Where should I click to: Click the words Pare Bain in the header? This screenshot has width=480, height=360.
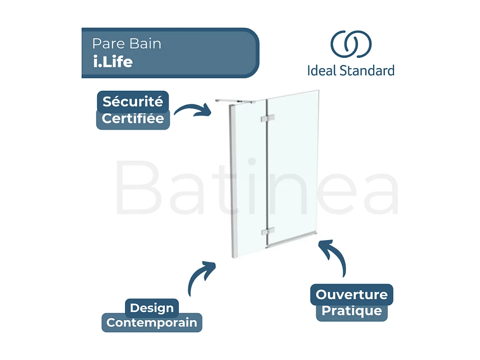coord(126,44)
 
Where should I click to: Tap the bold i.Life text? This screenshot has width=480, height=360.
coord(113,62)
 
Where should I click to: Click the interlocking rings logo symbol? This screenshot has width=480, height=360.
coord(351,44)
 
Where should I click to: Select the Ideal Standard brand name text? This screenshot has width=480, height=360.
coord(351,70)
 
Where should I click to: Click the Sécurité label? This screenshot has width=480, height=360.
coord(132,102)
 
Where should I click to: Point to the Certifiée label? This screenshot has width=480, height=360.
coord(133,119)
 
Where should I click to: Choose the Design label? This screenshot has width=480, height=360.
coord(152,308)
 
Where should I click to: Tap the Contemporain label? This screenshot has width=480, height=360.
coord(152,323)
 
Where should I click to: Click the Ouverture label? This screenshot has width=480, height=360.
coord(351,294)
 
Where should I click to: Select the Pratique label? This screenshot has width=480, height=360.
coord(351,311)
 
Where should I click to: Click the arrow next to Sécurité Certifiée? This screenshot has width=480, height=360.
coord(192,110)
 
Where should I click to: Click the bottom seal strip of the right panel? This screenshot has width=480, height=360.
coord(292,240)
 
